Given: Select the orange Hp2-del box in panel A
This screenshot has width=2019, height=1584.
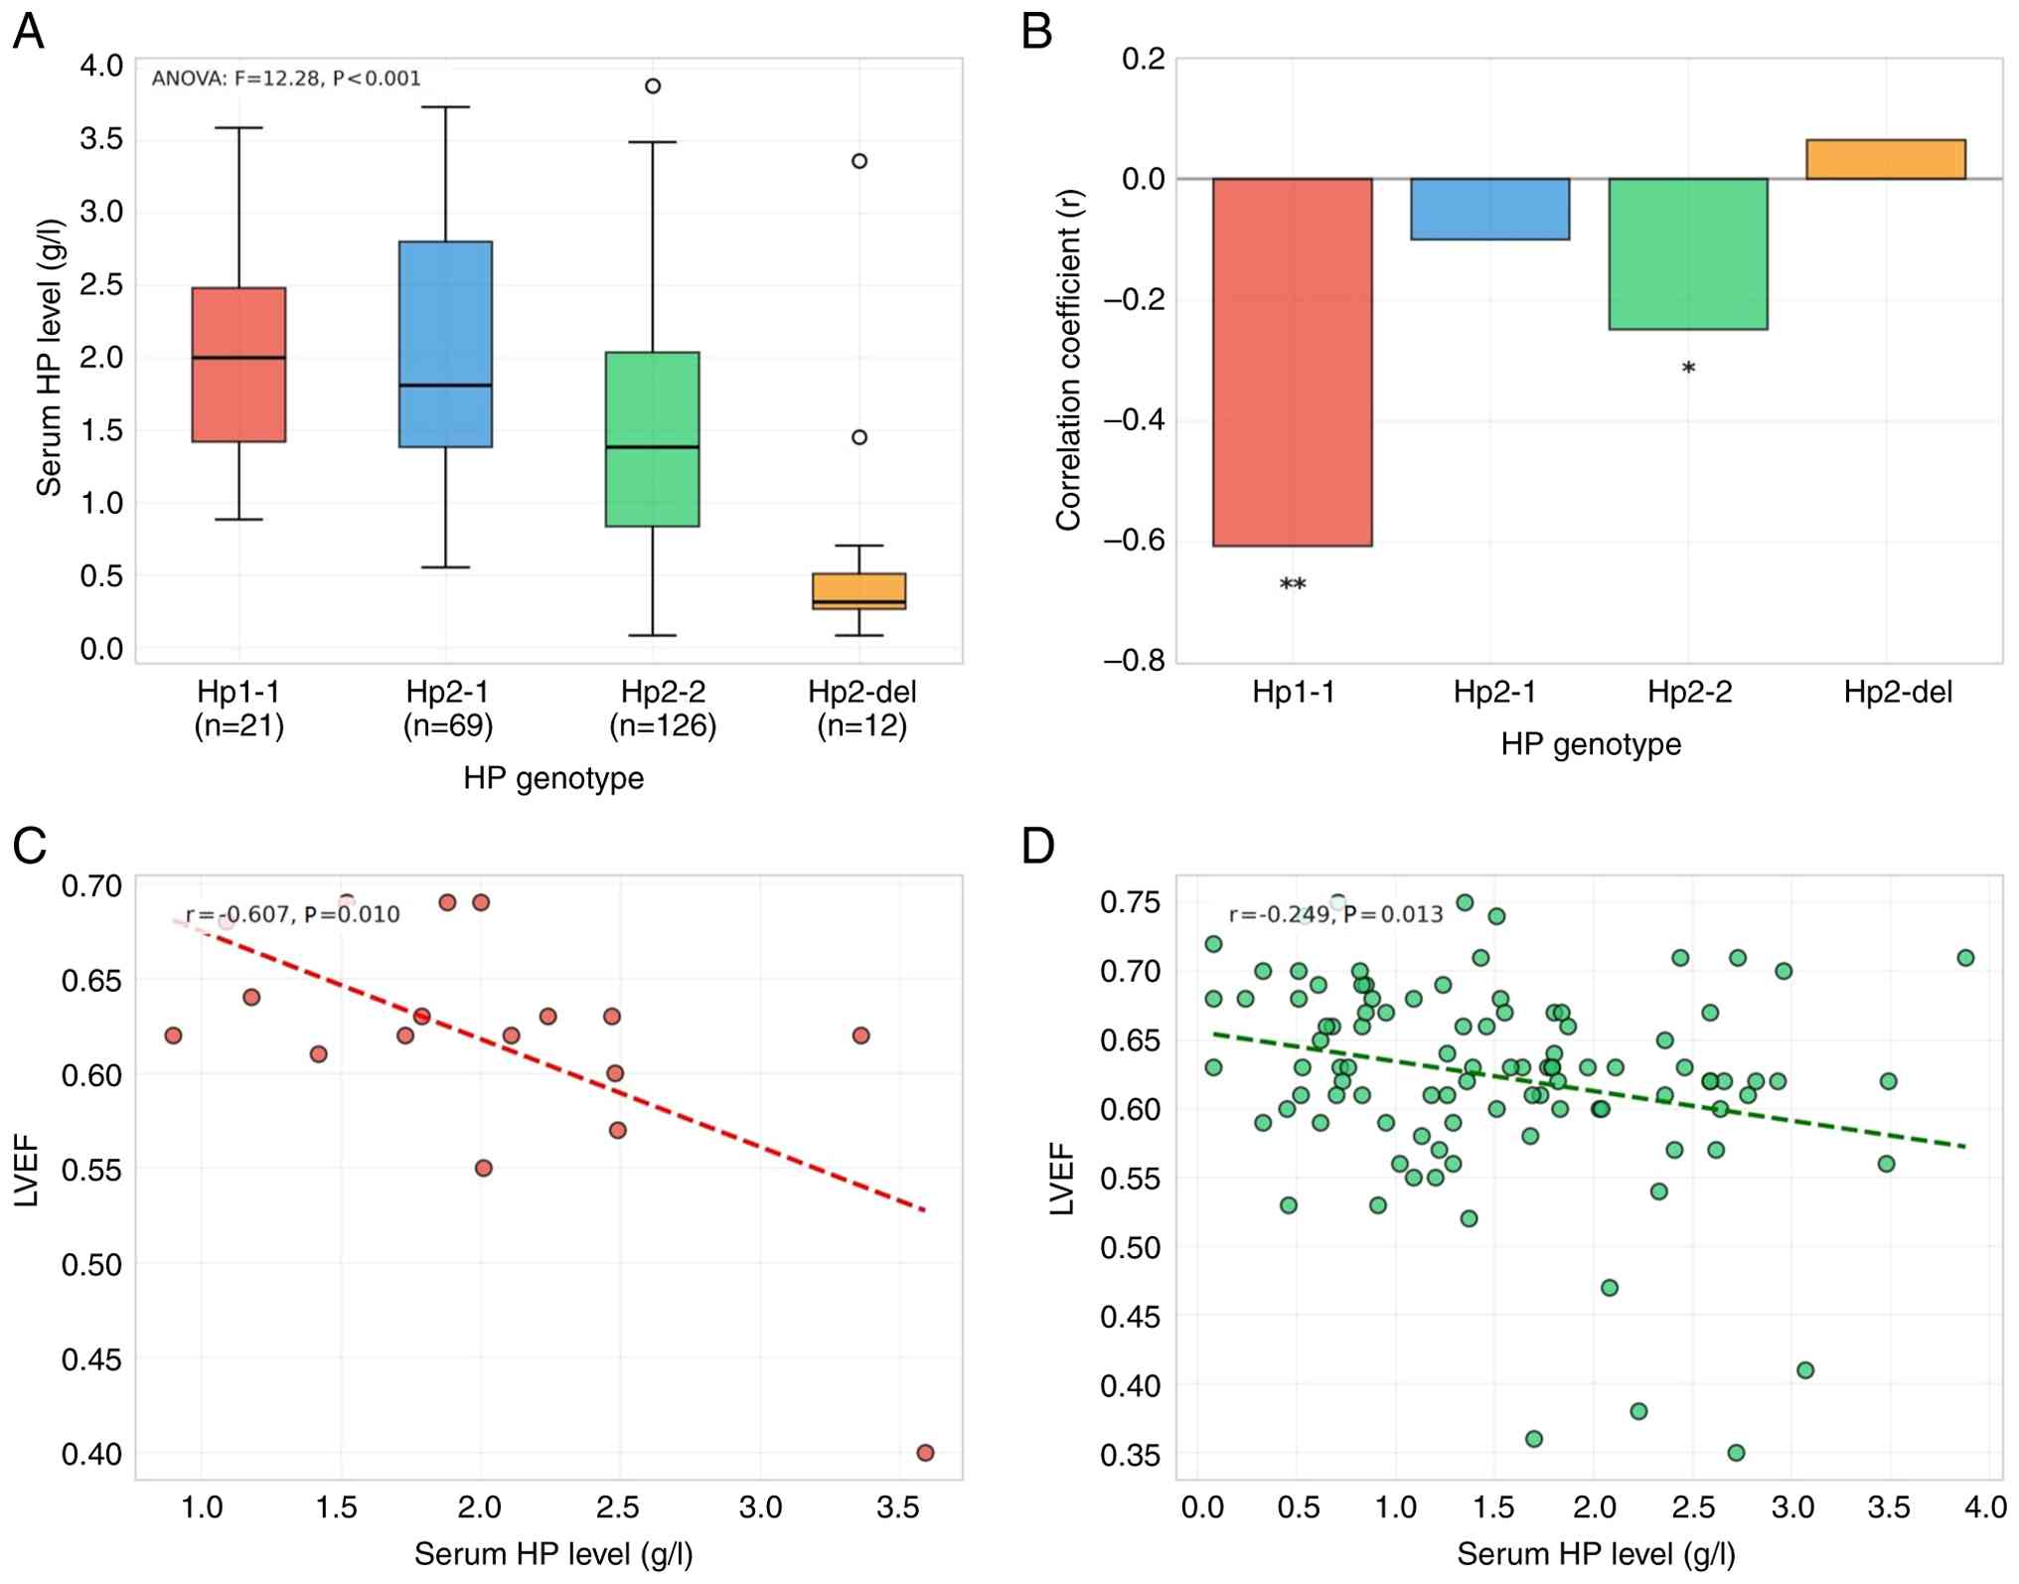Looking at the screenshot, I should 858,590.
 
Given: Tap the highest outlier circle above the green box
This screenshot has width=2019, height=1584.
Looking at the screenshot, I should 653,86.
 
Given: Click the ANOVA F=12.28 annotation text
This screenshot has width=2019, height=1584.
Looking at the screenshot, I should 286,79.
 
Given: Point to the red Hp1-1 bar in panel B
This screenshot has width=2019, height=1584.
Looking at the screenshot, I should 1292,362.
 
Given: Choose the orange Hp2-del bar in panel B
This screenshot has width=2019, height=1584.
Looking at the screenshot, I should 1885,159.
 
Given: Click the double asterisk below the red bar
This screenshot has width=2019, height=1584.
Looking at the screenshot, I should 1292,584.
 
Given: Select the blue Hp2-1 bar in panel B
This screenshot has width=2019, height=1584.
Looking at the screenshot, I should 1489,209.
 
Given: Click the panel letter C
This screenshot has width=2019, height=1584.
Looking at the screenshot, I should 30,846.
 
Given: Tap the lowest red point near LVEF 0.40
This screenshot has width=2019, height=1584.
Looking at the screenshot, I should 925,1453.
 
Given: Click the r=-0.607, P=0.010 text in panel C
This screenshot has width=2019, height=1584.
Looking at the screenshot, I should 293,914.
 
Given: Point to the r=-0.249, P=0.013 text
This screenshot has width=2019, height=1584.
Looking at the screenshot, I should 1335,914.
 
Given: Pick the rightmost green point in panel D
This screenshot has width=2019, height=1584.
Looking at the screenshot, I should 1964,958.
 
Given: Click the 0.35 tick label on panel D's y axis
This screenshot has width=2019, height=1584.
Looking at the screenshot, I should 1131,1455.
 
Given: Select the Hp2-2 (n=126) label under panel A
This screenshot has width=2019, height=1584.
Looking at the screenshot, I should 663,709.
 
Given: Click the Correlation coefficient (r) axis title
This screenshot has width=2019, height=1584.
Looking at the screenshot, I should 1068,360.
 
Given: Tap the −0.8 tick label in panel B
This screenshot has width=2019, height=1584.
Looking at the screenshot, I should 1134,661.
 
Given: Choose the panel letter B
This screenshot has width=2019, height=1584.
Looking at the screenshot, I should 1036,32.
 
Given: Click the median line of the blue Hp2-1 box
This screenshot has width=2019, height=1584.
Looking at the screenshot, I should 445,385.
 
